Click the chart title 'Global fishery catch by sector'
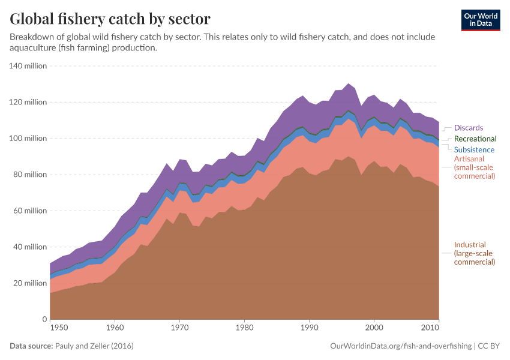(x=110, y=19)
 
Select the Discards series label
(x=468, y=128)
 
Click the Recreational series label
(x=475, y=139)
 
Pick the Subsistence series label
(x=474, y=149)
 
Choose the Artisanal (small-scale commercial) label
(x=474, y=167)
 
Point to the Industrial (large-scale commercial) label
(x=474, y=253)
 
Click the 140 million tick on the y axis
(x=28, y=66)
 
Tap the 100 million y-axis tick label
(x=28, y=139)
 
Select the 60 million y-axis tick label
(x=30, y=211)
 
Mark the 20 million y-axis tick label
(x=30, y=283)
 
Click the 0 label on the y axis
(x=44, y=319)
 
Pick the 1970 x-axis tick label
(x=179, y=329)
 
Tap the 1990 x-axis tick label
(x=309, y=329)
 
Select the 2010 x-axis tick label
(x=430, y=329)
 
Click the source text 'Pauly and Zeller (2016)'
(x=94, y=346)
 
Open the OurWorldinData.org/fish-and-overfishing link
(x=400, y=346)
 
